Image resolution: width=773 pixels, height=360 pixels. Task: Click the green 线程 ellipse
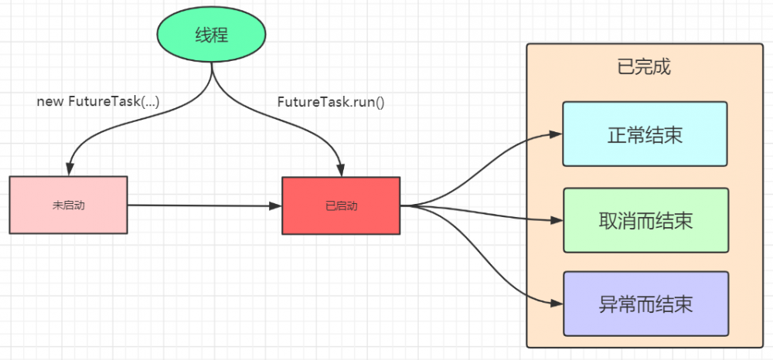pos(212,35)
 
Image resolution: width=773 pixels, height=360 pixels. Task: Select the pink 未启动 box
pos(68,205)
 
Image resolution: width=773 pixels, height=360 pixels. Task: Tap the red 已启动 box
pos(341,205)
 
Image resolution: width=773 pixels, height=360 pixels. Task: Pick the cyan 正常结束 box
pos(645,134)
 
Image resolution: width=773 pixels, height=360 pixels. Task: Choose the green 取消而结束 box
pos(645,220)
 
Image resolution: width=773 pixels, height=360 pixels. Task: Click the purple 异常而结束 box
pos(645,304)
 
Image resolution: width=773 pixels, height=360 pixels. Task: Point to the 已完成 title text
pos(644,66)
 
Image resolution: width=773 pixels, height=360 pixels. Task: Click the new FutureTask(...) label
pos(97,101)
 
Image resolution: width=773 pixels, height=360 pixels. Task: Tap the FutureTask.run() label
pos(330,101)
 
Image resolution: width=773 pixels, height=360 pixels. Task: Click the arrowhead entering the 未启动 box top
pos(70,170)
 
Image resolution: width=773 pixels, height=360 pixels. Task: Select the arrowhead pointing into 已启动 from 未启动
pos(275,205)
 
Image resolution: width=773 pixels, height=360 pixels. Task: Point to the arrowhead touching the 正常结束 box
pos(556,134)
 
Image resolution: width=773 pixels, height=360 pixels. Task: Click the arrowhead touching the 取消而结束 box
pos(556,220)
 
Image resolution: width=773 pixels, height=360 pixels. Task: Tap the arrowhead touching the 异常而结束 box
pos(556,303)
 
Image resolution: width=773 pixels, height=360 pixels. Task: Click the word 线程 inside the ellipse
pos(212,35)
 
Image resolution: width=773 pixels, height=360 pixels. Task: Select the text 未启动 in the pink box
pos(68,205)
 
